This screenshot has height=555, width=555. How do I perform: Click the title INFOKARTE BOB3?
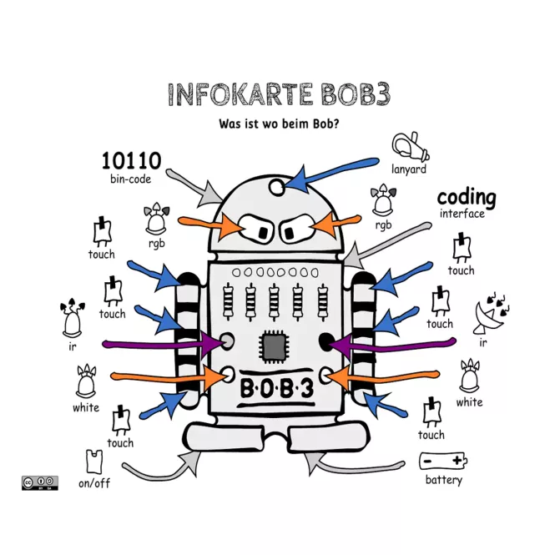click(279, 94)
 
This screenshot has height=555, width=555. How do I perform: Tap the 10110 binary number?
click(131, 161)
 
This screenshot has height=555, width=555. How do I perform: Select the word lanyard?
click(409, 169)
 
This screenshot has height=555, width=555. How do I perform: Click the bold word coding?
click(467, 198)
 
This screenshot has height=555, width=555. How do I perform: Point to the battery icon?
click(443, 461)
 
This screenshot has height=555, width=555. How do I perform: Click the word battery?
click(444, 480)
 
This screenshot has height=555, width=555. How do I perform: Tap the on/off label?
click(94, 483)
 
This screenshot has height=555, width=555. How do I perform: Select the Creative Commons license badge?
click(40, 482)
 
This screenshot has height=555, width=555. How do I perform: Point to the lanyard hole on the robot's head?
click(276, 186)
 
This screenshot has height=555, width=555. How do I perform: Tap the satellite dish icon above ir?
click(491, 313)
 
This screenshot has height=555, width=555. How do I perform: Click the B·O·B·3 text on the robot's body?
click(277, 388)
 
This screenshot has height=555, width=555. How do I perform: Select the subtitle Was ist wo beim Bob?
click(279, 124)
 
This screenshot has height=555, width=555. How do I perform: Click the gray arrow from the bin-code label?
click(194, 189)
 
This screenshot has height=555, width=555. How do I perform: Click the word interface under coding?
click(462, 214)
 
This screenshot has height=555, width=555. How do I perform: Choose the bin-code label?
click(130, 179)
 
